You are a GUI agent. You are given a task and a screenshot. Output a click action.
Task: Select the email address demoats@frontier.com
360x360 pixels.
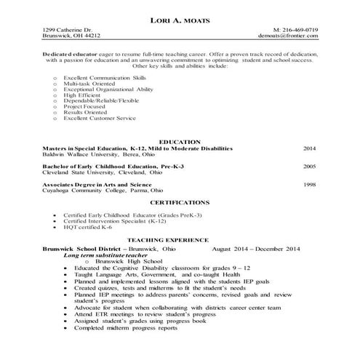pos(289,36)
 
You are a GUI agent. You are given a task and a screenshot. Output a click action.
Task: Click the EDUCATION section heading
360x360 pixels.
pos(180,140)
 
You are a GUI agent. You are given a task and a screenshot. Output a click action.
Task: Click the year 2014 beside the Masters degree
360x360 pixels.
pos(310,147)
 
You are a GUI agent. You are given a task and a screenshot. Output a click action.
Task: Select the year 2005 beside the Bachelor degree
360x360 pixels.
pos(310,167)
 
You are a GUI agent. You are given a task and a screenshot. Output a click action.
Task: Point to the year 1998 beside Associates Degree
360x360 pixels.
pos(310,185)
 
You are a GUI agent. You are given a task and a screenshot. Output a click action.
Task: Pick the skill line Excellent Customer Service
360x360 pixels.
pos(99,119)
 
